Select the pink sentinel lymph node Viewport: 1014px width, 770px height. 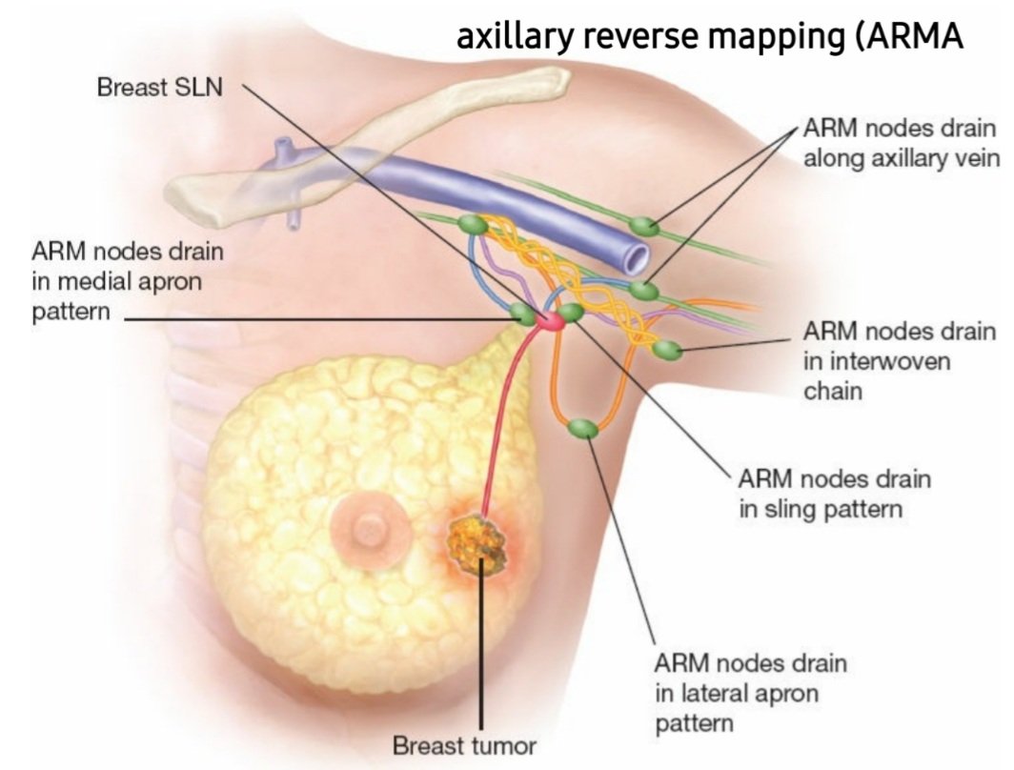click(x=547, y=322)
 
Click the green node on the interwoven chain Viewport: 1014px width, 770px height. click(x=669, y=350)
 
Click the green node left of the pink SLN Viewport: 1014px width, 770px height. click(x=521, y=313)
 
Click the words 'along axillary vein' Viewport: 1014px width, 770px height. click(x=901, y=158)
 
